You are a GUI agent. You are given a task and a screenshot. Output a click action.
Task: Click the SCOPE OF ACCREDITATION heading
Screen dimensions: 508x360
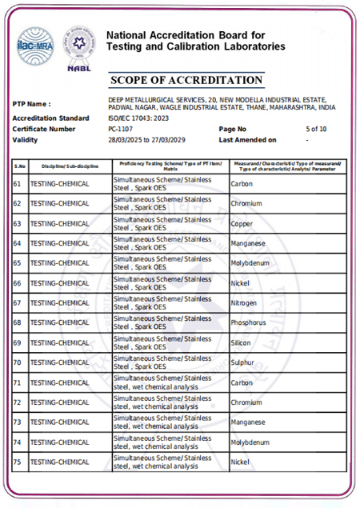point(186,80)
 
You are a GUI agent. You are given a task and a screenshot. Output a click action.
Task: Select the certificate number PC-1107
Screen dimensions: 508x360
point(122,129)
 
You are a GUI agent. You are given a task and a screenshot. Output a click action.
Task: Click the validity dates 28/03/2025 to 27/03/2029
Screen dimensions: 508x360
point(151,139)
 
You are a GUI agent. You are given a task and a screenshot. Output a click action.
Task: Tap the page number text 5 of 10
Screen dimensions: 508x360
point(316,129)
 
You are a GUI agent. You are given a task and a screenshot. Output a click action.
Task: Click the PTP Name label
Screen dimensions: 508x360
point(32,104)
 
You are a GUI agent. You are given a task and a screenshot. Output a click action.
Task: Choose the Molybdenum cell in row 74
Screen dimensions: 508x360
point(250,442)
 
